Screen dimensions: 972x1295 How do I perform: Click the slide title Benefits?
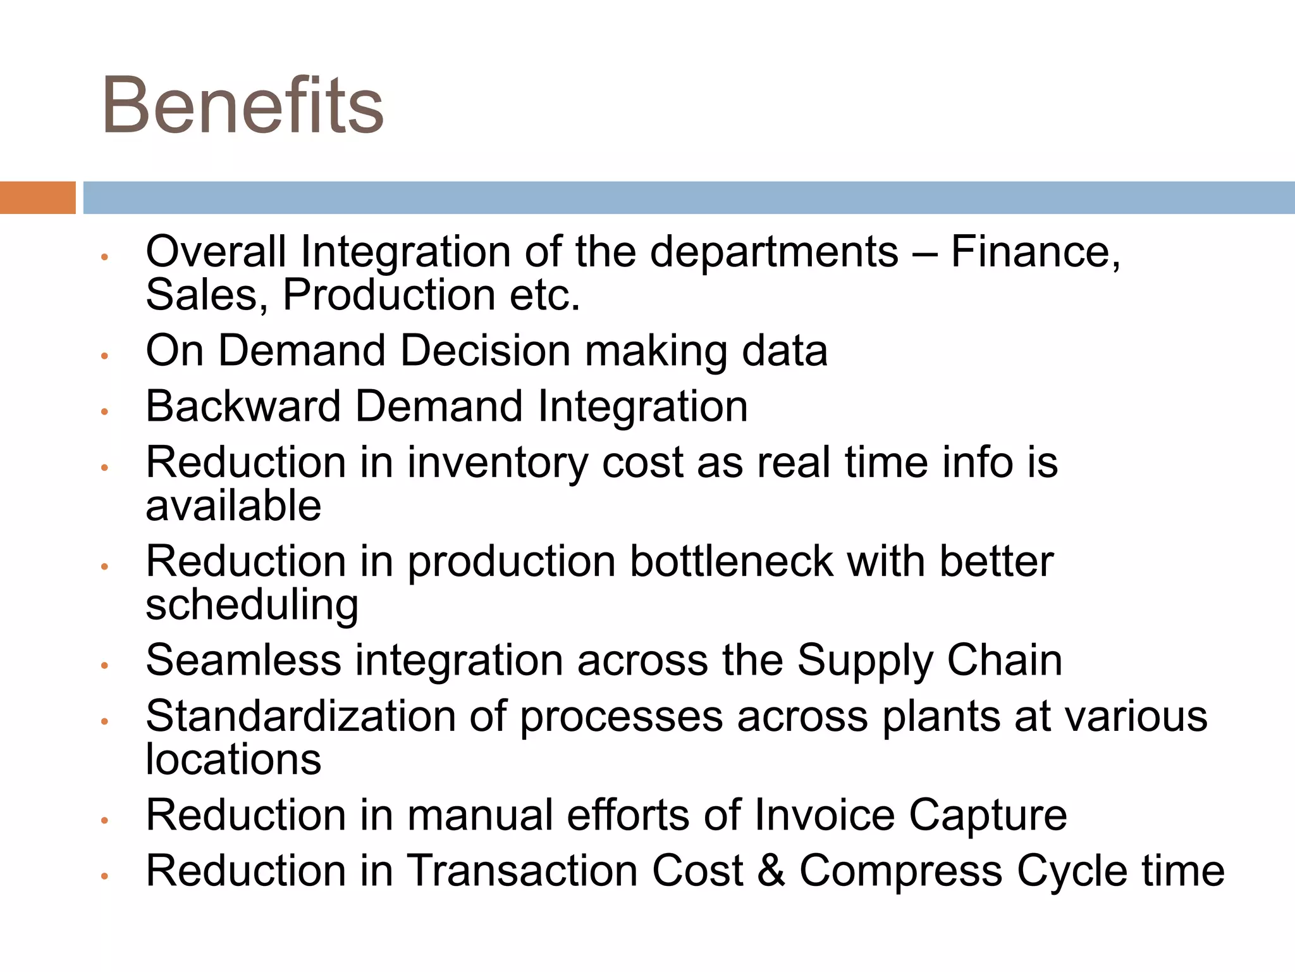pos(243,106)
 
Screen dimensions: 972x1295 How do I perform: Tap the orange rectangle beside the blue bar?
pos(37,197)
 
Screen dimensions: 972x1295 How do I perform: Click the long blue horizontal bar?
pos(688,197)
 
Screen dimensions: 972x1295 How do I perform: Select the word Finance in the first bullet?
pos(1035,252)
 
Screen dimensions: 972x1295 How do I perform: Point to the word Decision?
pos(485,351)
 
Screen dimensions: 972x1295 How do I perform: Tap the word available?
pos(233,506)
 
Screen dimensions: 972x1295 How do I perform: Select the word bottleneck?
pos(731,561)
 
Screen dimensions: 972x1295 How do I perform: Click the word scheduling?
pos(252,606)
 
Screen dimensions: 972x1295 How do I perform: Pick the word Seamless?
pos(243,660)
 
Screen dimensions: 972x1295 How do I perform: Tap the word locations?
pos(233,759)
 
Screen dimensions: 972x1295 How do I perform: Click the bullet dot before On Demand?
pos(105,356)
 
